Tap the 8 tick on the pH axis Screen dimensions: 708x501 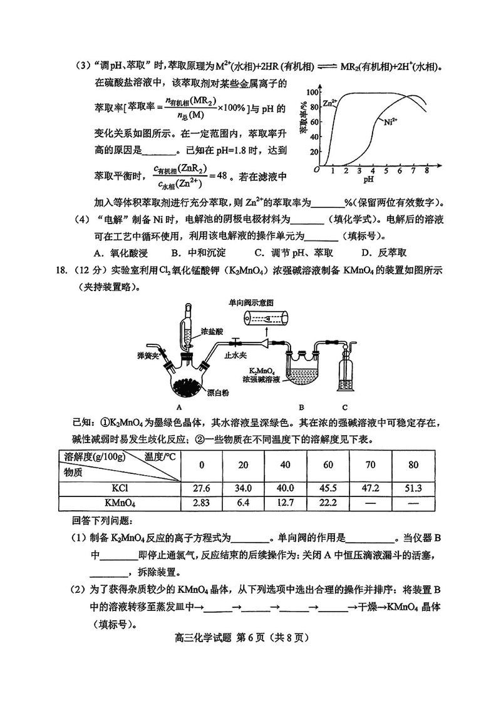(426, 170)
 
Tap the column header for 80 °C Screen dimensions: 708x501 (413, 464)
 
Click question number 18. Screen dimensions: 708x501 (61, 270)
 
